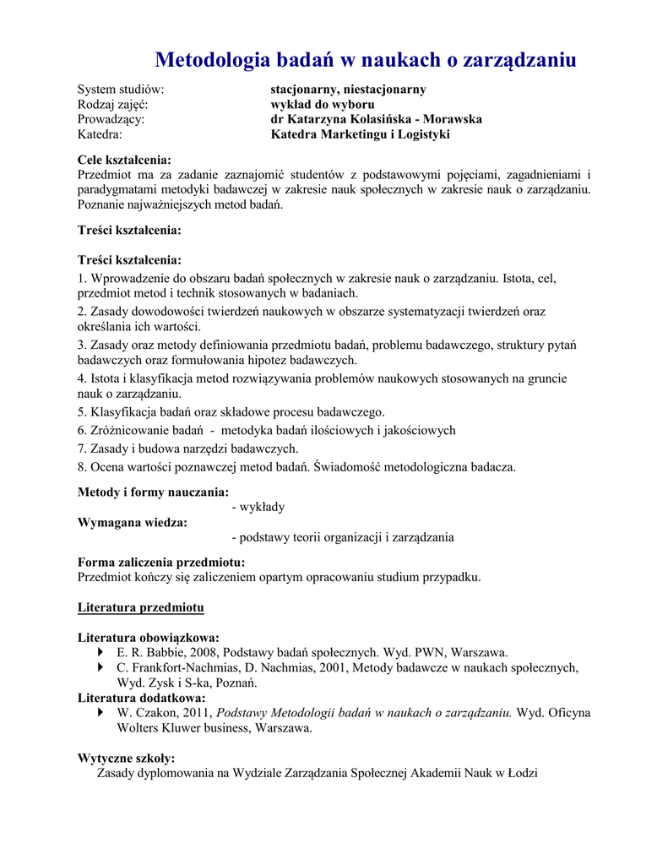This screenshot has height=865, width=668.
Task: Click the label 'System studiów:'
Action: (x=120, y=89)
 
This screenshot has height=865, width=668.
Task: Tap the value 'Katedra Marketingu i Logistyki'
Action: (x=360, y=134)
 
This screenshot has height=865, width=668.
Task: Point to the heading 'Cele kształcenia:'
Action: (x=124, y=160)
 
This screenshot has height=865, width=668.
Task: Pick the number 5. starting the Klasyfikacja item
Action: (x=82, y=412)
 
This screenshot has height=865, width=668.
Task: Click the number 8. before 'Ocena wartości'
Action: (x=82, y=466)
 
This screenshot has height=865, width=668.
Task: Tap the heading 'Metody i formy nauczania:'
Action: (x=153, y=492)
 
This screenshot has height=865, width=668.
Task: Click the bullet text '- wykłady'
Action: (x=259, y=507)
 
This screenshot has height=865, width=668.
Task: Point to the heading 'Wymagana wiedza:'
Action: (x=132, y=522)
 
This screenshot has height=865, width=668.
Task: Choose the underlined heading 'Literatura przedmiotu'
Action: (x=140, y=607)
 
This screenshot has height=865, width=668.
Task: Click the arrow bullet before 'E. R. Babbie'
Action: (x=102, y=653)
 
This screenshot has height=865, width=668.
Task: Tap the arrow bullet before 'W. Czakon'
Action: (x=102, y=713)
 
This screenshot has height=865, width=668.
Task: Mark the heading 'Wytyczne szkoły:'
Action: (x=126, y=759)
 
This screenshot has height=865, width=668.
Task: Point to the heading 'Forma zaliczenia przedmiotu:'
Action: (x=161, y=562)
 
